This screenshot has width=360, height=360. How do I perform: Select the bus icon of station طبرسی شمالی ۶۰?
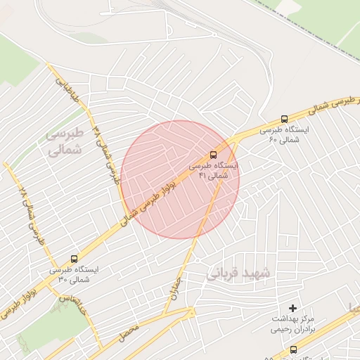click(x=284, y=119)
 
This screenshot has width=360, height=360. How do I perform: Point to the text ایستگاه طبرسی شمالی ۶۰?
click(x=284, y=135)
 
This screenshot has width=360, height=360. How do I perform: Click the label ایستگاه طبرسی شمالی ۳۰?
click(x=75, y=274)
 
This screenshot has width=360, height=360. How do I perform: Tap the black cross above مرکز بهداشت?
click(x=293, y=309)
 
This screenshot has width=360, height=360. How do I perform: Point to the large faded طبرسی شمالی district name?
click(x=65, y=141)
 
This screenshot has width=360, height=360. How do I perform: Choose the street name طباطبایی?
click(x=64, y=86)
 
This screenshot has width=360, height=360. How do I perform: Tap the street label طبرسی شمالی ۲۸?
click(x=29, y=214)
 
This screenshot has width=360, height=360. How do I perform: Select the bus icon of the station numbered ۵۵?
click(x=293, y=349)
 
